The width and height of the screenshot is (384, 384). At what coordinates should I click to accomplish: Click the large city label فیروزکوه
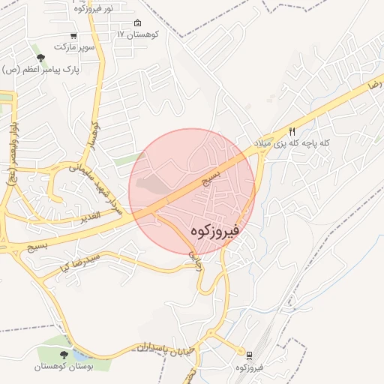pyautogui.click(x=214, y=229)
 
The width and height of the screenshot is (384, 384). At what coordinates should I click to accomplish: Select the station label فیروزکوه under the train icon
pyautogui.click(x=248, y=367)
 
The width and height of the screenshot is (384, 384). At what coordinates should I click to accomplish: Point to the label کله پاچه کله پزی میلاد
pyautogui.click(x=302, y=142)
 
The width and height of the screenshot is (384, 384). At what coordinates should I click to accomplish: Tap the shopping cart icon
pyautogui.click(x=73, y=36)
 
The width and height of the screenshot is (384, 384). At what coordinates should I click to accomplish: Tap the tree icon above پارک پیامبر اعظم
pyautogui.click(x=40, y=58)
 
